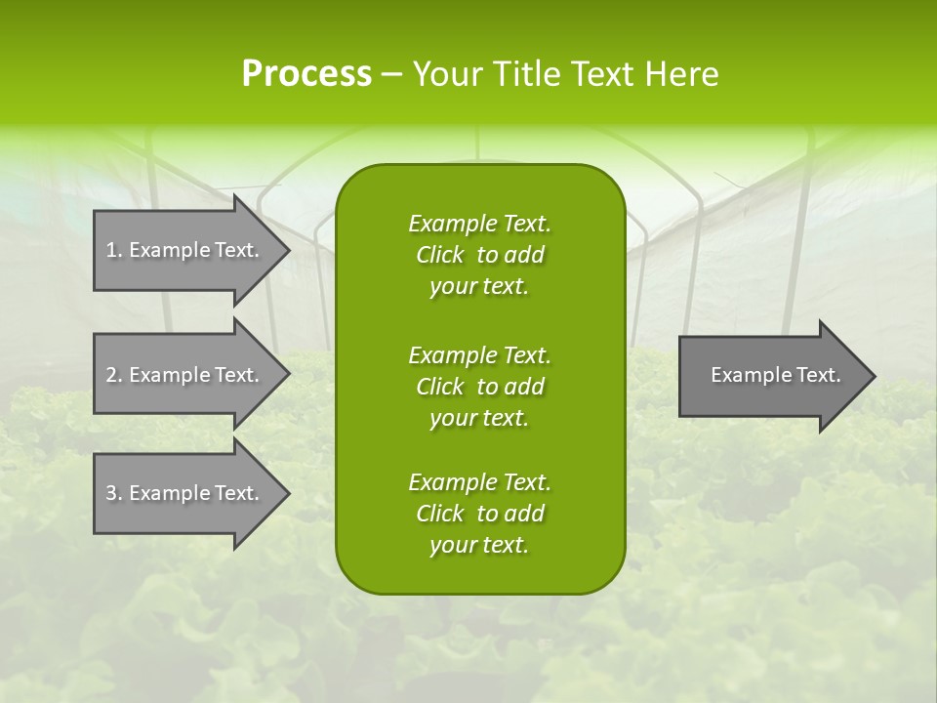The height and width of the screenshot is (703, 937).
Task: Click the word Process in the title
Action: pyautogui.click(x=306, y=74)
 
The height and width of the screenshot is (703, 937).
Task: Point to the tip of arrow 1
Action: pyautogui.click(x=286, y=250)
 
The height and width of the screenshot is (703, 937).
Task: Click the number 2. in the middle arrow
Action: pyautogui.click(x=114, y=375)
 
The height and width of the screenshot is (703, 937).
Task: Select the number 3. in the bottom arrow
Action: pyautogui.click(x=114, y=493)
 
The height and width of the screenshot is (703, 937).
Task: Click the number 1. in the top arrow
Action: pyautogui.click(x=114, y=250)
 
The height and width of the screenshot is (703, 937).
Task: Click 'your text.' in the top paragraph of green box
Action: pyautogui.click(x=479, y=287)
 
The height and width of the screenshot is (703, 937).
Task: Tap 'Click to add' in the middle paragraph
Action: pyautogui.click(x=479, y=387)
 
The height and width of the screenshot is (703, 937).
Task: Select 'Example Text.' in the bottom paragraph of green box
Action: pyautogui.click(x=479, y=482)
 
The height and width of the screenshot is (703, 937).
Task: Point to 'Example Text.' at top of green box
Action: pyautogui.click(x=479, y=224)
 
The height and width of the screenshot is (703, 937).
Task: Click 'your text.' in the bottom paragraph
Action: pyautogui.click(x=479, y=546)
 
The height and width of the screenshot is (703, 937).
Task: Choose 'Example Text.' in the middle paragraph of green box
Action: pyautogui.click(x=479, y=354)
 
